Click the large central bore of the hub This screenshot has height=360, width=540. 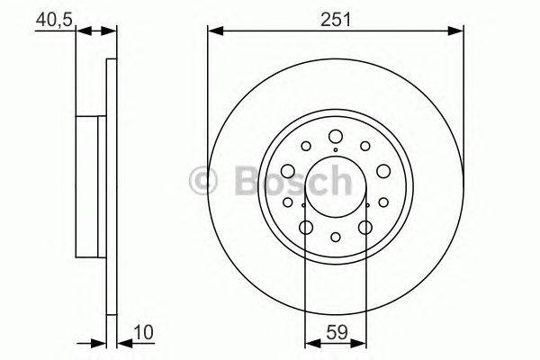pyautogui.click(x=335, y=186)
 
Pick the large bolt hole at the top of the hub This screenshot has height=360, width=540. pyautogui.click(x=335, y=137)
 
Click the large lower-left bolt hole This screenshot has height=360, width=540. pyautogui.click(x=305, y=228)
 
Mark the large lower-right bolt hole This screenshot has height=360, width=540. pyautogui.click(x=364, y=228)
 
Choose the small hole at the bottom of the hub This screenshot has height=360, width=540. pyautogui.click(x=335, y=238)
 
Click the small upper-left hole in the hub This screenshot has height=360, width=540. pyautogui.click(x=305, y=146)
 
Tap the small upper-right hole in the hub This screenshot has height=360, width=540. pyautogui.click(x=364, y=146)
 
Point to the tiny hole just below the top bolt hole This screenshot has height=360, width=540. pyautogui.click(x=335, y=150)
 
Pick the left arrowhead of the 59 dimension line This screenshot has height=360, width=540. pyautogui.click(x=309, y=342)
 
